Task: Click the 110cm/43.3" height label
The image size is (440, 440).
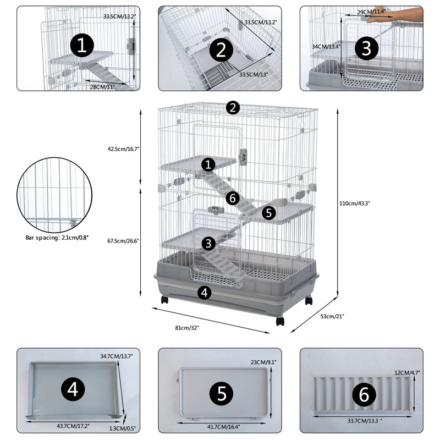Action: [x=354, y=203]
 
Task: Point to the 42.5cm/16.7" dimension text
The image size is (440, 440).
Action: [x=124, y=148]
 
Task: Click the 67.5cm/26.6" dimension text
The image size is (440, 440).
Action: [x=124, y=240]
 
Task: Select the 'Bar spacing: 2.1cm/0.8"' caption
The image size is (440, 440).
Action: [x=57, y=239]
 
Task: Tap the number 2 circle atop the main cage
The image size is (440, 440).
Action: [x=233, y=107]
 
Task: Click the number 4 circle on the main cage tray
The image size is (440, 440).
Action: [x=204, y=293]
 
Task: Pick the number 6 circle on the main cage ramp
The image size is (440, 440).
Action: [x=232, y=198]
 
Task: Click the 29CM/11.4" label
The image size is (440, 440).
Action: [x=372, y=12]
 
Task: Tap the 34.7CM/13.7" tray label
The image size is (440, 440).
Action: [x=117, y=356]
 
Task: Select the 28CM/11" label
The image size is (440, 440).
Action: [x=103, y=87]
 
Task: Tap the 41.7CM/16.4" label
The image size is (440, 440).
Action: [x=224, y=426]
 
